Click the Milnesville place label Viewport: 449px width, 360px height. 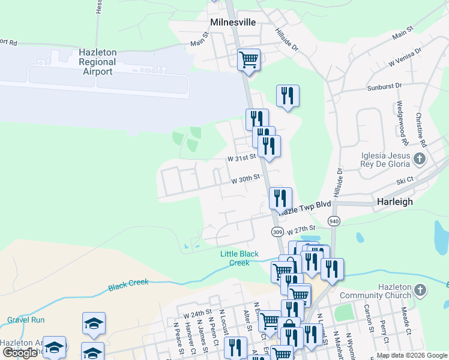[233, 22]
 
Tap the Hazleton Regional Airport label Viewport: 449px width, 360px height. [97, 62]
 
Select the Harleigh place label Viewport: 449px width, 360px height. [394, 202]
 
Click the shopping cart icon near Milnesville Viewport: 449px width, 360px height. [248, 60]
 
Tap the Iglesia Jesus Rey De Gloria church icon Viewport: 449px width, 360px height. [420, 159]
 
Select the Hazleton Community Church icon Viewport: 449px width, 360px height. [420, 291]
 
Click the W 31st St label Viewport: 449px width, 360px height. [241, 157]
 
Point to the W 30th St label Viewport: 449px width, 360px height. [246, 178]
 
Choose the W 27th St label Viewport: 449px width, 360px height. [301, 230]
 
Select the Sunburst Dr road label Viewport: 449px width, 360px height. [384, 87]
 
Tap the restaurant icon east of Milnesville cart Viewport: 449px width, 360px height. [288, 95]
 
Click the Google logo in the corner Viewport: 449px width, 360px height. [20, 353]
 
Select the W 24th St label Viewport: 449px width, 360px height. [197, 313]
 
